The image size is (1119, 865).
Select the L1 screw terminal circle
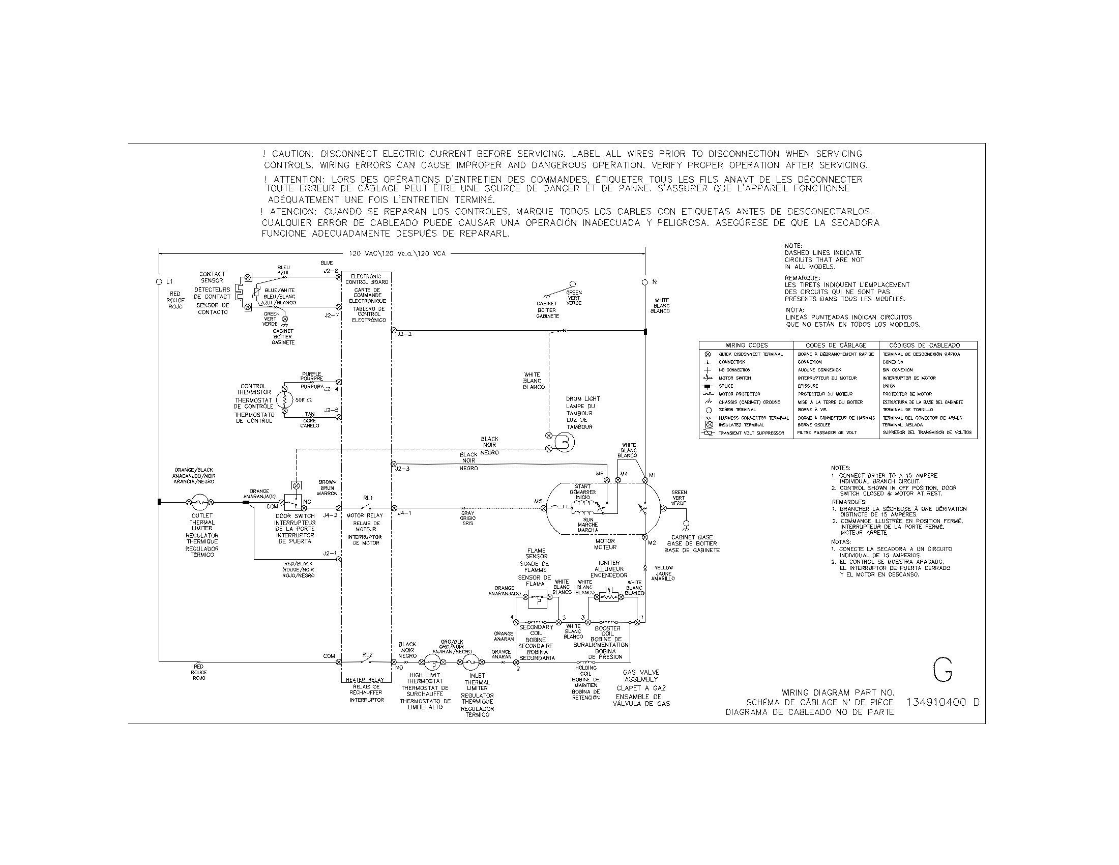coord(159,282)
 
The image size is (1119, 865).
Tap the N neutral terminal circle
coord(645,282)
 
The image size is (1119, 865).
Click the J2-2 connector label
coord(404,334)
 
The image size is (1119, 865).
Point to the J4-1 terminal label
coord(404,513)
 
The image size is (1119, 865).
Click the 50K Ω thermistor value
coord(303,400)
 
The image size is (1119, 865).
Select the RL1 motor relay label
coord(367,498)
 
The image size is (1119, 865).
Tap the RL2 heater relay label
coord(367,654)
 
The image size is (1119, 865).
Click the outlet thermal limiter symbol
coord(199,502)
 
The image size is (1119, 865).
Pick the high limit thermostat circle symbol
coord(433,662)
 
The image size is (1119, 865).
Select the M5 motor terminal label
coord(538,502)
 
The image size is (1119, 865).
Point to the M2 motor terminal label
coord(652,543)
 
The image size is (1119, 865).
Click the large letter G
coord(942,670)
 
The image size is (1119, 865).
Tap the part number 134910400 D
coord(943,703)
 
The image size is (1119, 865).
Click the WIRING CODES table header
coord(746,345)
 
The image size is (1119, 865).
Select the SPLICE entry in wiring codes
coord(725,386)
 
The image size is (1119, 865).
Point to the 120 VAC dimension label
coord(397,253)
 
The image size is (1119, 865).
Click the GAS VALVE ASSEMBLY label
coord(641,675)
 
